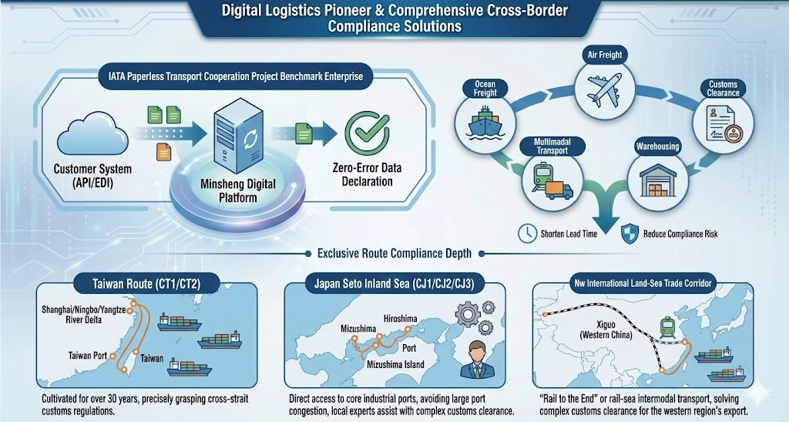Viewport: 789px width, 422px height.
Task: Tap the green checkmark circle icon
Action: click(367, 132)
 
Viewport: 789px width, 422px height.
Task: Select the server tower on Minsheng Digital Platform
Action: click(238, 135)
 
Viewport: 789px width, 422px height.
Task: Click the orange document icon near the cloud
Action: click(163, 151)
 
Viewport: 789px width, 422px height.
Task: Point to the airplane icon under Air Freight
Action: click(604, 89)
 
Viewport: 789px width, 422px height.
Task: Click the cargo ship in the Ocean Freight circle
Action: click(485, 122)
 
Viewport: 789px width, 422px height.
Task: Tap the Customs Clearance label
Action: click(723, 89)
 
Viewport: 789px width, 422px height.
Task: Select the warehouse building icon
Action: click(658, 180)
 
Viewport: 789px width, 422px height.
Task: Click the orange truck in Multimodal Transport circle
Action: click(559, 190)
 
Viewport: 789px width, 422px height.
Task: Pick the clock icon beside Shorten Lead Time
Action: click(527, 233)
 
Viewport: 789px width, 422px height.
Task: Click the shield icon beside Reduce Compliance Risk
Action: click(630, 234)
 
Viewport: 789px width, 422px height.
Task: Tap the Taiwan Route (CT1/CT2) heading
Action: click(146, 283)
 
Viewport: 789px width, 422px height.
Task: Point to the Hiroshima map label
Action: click(400, 319)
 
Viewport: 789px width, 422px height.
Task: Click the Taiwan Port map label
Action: click(88, 356)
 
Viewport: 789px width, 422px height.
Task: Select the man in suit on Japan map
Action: click(477, 360)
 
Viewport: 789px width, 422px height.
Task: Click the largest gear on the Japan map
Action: click(468, 314)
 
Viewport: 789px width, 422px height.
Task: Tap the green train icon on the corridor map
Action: click(668, 327)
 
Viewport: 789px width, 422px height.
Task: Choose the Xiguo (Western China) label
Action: click(606, 329)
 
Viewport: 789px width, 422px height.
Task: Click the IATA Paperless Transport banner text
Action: click(236, 76)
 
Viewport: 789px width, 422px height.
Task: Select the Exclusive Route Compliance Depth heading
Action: click(394, 253)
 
